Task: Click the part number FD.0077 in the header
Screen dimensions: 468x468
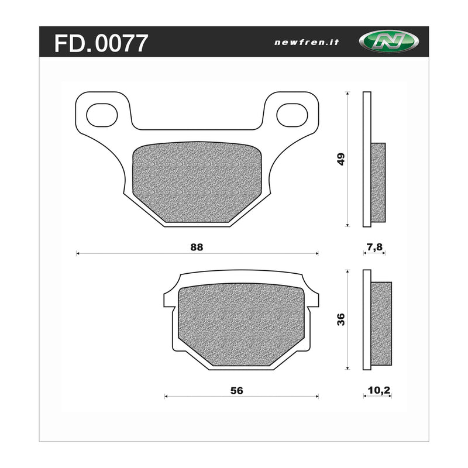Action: (101, 43)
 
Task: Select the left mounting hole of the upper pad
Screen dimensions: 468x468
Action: (102, 115)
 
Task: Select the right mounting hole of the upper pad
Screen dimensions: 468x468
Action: (292, 115)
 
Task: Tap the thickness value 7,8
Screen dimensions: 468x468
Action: (374, 247)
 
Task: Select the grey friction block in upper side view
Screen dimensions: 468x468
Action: (378, 183)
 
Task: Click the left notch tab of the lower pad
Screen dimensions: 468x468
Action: (168, 300)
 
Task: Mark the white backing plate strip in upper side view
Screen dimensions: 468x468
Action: (367, 159)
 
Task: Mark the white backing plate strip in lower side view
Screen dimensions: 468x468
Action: (367, 319)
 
